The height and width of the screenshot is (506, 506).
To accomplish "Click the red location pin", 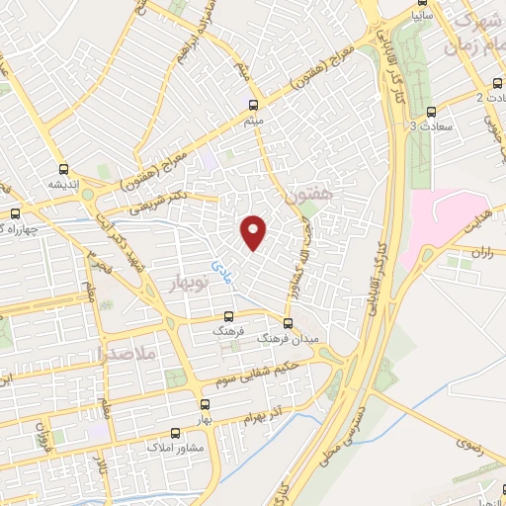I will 254,231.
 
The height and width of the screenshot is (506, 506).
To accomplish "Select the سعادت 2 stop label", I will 491,97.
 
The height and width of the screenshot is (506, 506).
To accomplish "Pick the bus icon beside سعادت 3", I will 430,112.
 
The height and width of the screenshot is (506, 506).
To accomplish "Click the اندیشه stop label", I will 64,184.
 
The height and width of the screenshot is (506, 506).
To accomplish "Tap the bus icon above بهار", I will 206,404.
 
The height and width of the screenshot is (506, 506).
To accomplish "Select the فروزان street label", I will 42,432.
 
